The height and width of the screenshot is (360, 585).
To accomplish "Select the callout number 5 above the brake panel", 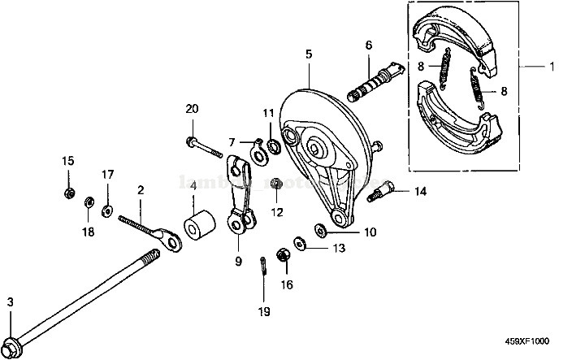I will (x=309, y=54).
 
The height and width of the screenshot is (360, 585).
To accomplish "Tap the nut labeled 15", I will (x=69, y=193).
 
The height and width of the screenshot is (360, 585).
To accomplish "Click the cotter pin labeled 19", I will (x=265, y=266).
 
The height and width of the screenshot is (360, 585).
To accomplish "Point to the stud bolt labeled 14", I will (x=381, y=193).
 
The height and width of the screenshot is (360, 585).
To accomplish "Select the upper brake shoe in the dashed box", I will (x=454, y=37).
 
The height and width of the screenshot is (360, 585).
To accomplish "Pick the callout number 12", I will (x=277, y=212).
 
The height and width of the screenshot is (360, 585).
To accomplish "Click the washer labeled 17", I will (x=106, y=210).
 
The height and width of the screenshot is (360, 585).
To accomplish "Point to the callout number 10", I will (x=370, y=232).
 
